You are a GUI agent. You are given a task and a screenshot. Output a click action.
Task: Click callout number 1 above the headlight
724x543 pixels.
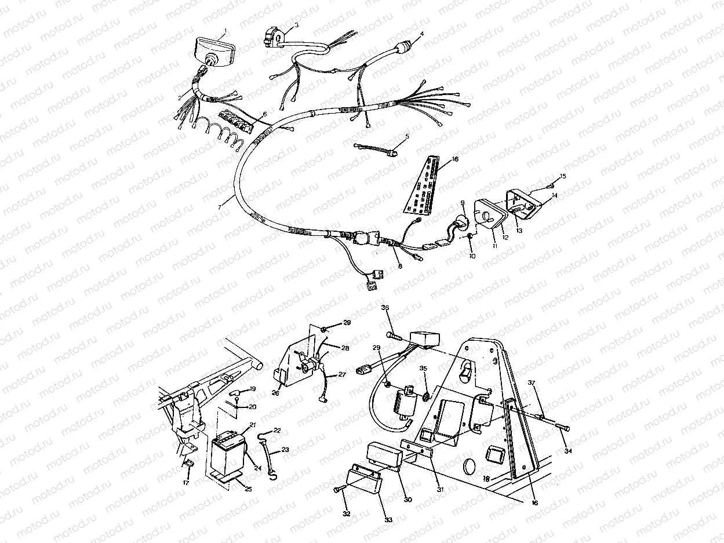(x=225, y=30)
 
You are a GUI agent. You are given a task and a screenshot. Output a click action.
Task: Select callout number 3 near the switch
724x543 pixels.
(x=296, y=25)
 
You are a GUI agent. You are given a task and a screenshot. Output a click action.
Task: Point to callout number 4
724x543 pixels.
(x=421, y=34)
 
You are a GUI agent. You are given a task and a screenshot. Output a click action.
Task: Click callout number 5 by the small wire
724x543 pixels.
(x=407, y=136)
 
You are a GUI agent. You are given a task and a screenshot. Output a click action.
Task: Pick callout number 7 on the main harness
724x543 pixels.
(x=219, y=206)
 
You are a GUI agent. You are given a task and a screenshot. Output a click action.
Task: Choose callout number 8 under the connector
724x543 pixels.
(x=399, y=266)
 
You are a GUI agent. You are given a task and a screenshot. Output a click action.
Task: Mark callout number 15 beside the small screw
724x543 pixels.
(x=563, y=176)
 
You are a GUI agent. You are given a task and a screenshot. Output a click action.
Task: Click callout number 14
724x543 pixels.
(x=554, y=195)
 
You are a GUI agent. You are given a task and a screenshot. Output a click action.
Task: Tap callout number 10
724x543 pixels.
(x=472, y=256)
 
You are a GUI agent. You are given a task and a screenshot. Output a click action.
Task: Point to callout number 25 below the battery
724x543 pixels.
(x=248, y=489)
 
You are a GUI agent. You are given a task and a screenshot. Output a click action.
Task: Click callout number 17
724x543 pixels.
(x=186, y=482)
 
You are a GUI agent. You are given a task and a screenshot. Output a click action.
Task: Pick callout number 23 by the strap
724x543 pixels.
(x=285, y=449)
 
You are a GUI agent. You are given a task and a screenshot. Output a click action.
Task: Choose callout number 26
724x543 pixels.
(x=276, y=393)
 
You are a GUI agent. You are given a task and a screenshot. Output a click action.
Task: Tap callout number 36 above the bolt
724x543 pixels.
(x=385, y=307)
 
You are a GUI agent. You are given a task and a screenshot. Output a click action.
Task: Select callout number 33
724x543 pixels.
(x=388, y=520)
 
